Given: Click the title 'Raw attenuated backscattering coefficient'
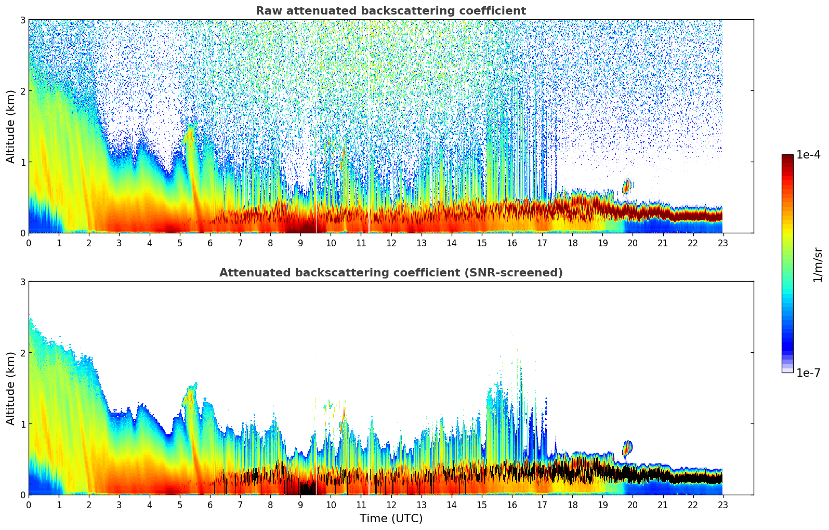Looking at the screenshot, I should tap(390, 11).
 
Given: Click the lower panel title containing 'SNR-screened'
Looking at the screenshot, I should tap(390, 273).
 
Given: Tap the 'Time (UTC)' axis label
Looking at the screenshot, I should tap(391, 519).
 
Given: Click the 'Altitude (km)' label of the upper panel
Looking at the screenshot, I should tap(11, 126).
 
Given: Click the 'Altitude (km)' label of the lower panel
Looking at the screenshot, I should tap(11, 388).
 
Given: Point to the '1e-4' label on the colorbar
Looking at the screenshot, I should tap(808, 155).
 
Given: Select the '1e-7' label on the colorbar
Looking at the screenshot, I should tap(808, 373).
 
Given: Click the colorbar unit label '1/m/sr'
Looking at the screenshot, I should tap(818, 264).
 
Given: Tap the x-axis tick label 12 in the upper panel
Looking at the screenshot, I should tap(391, 243).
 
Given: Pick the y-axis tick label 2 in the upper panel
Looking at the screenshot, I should tap(23, 91).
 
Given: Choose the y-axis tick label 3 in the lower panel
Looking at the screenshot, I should tap(23, 282).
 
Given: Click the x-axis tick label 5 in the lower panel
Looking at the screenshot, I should tap(180, 505).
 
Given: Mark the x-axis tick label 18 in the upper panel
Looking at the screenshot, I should tap(572, 243).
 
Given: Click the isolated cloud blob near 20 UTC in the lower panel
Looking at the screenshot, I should tap(627, 448).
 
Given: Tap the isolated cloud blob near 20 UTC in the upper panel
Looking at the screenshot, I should tap(627, 186).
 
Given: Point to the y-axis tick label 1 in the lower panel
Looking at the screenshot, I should tap(23, 424).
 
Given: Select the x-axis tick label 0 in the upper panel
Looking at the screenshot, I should tap(29, 243).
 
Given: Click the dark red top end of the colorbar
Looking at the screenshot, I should tap(787, 157).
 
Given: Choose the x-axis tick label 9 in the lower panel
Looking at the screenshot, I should tap(300, 505).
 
